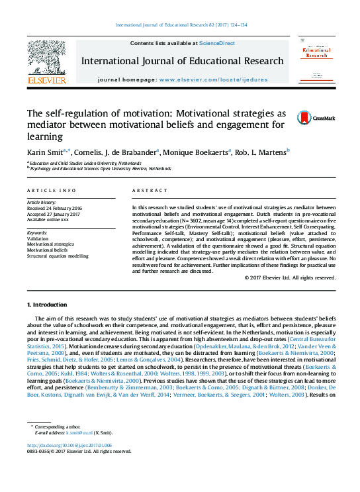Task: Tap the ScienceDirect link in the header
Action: point(217,43)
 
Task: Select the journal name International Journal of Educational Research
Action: point(182,61)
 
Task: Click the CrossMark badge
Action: point(306,118)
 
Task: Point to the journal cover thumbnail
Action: point(316,61)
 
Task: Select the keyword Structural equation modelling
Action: point(58,255)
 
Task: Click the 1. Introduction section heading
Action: point(46,305)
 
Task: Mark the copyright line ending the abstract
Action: point(290,277)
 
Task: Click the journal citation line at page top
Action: point(181,25)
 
